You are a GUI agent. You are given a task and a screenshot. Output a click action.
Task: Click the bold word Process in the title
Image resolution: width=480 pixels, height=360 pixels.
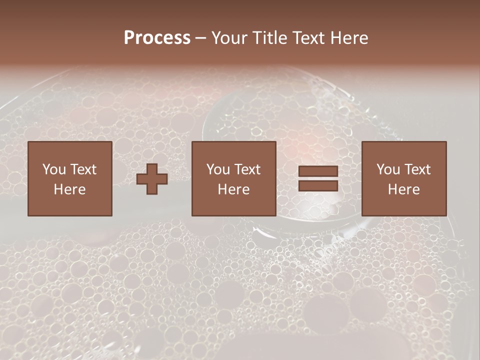coord(157,37)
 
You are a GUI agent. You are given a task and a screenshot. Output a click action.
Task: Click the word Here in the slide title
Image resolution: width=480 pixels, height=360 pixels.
coord(350,37)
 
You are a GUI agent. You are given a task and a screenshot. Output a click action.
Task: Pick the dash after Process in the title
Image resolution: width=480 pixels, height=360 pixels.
coord(200,38)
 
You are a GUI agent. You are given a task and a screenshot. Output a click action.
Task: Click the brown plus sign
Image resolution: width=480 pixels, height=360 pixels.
coord(152,179)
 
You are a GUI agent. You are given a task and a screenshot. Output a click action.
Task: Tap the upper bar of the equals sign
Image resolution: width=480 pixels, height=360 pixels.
coord(318,171)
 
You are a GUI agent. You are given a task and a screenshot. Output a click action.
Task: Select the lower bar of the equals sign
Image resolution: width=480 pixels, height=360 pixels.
coord(318,185)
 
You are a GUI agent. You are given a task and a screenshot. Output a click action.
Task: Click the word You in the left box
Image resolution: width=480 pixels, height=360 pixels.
coord(54,169)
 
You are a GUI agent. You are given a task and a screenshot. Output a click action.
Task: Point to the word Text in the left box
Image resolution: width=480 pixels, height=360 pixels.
coord(82,169)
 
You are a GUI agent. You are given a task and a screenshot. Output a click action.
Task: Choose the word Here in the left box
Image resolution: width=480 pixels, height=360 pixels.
coord(69,189)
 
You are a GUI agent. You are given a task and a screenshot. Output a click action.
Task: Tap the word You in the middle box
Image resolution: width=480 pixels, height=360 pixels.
coord(218,169)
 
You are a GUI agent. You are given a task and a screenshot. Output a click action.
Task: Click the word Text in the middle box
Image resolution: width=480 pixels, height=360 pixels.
coord(247,169)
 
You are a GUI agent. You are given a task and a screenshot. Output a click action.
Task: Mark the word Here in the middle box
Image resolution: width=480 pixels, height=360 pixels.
coord(233,189)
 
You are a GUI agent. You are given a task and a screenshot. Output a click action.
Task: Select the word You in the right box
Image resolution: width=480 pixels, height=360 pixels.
coord(388,169)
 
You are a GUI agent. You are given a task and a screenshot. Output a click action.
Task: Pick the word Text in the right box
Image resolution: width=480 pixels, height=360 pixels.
coord(417,169)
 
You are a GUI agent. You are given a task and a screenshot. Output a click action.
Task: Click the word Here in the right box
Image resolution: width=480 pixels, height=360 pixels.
coord(403,189)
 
